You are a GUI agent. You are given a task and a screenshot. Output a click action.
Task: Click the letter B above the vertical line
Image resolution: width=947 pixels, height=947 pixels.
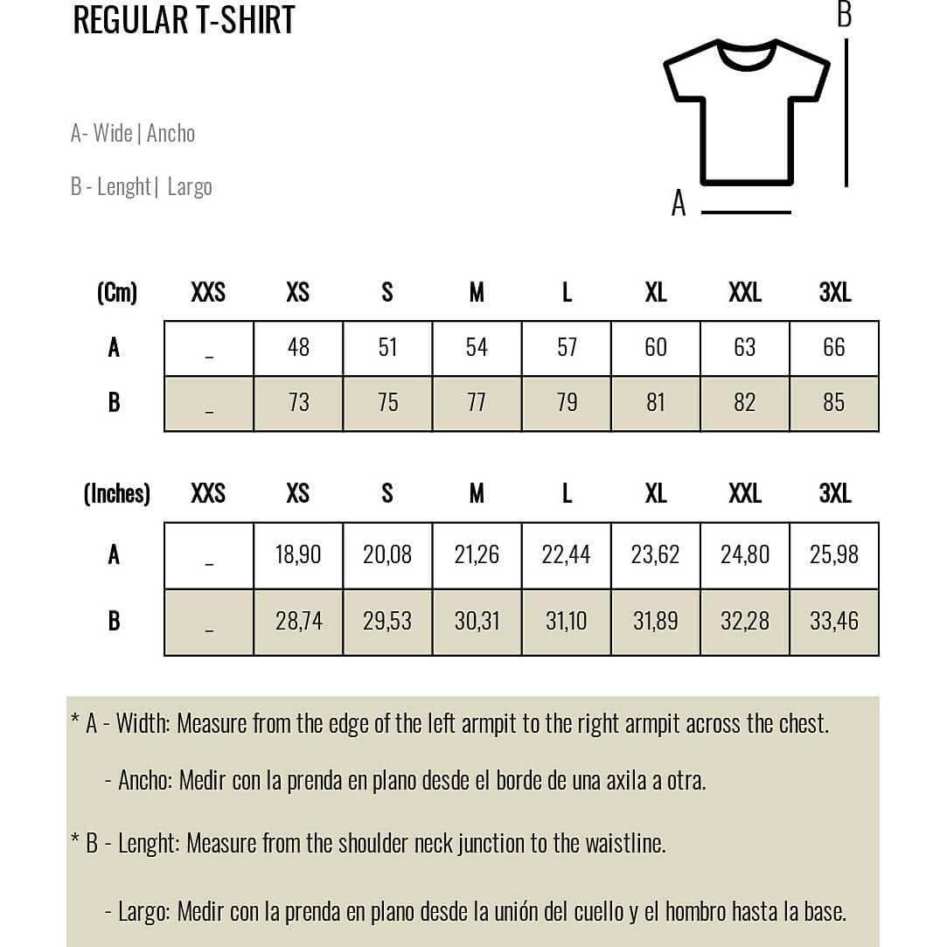coord(844,15)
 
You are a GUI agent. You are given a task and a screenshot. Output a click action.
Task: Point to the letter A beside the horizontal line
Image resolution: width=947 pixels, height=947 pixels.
coord(679,204)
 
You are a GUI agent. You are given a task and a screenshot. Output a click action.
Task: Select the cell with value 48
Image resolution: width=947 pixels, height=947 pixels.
coord(298,348)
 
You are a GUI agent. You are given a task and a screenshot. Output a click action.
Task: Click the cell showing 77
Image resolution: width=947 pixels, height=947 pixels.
coord(477,403)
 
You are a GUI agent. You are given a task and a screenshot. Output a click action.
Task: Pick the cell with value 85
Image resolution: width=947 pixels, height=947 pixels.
coord(834,403)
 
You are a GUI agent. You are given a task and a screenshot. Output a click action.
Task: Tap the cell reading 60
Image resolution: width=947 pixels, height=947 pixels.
coord(656,348)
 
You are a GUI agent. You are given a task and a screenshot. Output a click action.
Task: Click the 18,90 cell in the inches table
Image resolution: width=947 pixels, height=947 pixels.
coord(298,554)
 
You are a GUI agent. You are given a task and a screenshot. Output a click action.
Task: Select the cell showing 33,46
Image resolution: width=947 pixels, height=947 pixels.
coord(834,622)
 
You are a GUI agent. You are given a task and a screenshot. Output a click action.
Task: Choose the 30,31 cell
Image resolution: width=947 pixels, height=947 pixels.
coord(477,622)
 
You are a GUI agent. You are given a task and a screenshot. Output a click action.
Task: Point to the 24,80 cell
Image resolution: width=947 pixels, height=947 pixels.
coord(745,554)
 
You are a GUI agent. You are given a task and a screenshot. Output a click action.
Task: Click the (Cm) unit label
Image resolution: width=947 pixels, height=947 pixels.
coord(117,293)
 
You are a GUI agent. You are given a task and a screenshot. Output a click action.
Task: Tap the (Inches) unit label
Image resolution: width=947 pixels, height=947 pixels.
coord(117,494)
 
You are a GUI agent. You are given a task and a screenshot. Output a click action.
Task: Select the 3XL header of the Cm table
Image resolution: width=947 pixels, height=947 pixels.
coord(835,293)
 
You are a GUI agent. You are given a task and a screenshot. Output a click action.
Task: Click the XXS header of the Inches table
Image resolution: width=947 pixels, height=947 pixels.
coord(208,494)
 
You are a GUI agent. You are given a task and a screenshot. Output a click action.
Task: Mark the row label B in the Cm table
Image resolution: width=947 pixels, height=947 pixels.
coord(114,403)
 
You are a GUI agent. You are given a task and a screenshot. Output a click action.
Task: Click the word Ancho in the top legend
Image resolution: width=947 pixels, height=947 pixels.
coord(171,134)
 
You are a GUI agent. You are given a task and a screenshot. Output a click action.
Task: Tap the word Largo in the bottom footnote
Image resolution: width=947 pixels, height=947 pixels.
coord(143,912)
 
